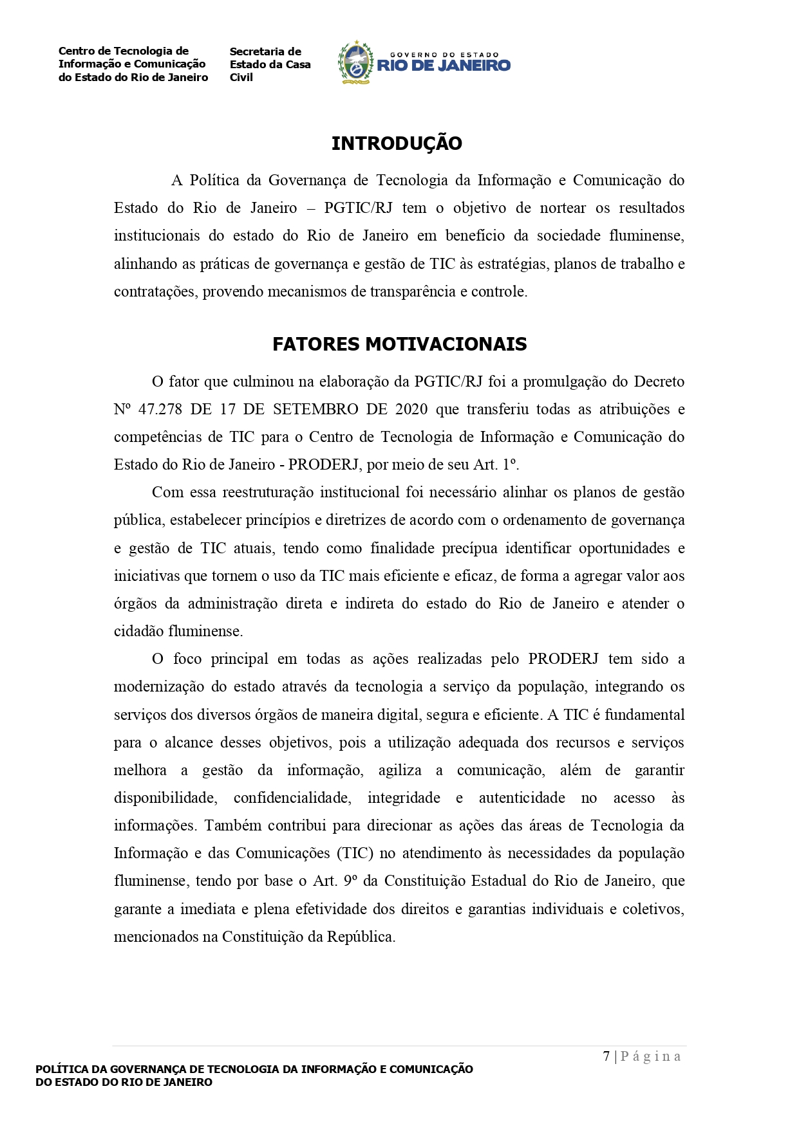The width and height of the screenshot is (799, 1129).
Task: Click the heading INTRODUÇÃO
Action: pyautogui.click(x=397, y=143)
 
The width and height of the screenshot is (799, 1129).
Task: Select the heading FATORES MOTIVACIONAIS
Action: pyautogui.click(x=399, y=344)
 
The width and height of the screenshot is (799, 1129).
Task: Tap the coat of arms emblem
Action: pyautogui.click(x=356, y=62)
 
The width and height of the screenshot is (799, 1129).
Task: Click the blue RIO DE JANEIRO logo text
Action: pyautogui.click(x=444, y=65)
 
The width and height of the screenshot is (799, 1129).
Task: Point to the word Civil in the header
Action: pyautogui.click(x=241, y=77)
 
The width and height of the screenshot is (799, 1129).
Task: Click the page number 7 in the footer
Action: pyautogui.click(x=606, y=1056)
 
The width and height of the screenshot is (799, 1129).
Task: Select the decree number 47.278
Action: pyautogui.click(x=158, y=409)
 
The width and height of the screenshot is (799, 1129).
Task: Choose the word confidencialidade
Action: pyautogui.click(x=292, y=798)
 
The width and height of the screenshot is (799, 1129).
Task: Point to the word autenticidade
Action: pyautogui.click(x=522, y=798)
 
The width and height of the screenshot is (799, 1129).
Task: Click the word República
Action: pyautogui.click(x=361, y=937)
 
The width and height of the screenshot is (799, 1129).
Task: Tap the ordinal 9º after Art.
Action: pyautogui.click(x=351, y=881)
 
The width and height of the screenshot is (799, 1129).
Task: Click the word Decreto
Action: pyautogui.click(x=659, y=381)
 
